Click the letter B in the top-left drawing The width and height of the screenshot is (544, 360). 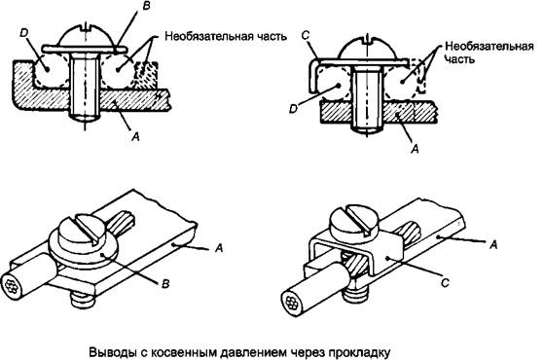pos(147,6)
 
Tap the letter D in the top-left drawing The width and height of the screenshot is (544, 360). pos(24,33)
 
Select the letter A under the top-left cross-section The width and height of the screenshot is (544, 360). pos(135,136)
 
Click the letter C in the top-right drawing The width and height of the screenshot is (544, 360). pos(305,36)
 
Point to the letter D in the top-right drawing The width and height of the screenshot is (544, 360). pos(294,109)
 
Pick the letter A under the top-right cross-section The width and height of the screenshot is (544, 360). pos(415,149)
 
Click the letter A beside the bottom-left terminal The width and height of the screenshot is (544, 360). pos(219,248)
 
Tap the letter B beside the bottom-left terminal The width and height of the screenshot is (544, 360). pos(165,284)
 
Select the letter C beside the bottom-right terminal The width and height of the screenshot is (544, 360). pos(445,283)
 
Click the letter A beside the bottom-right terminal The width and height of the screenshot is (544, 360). pos(493,245)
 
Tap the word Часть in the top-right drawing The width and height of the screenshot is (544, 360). pos(459,59)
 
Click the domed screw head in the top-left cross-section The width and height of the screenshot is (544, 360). pos(86,35)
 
